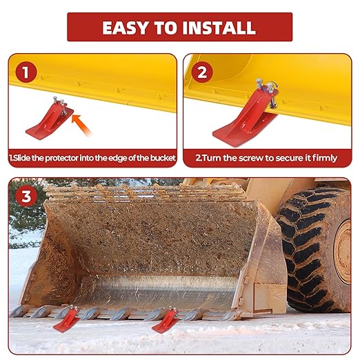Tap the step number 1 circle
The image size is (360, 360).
pos(26,71)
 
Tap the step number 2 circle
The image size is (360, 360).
pos(202,71)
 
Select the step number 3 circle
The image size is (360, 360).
pos(26,196)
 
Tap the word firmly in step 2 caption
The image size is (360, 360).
pos(321,158)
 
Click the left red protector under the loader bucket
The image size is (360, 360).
pos(66,319)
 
